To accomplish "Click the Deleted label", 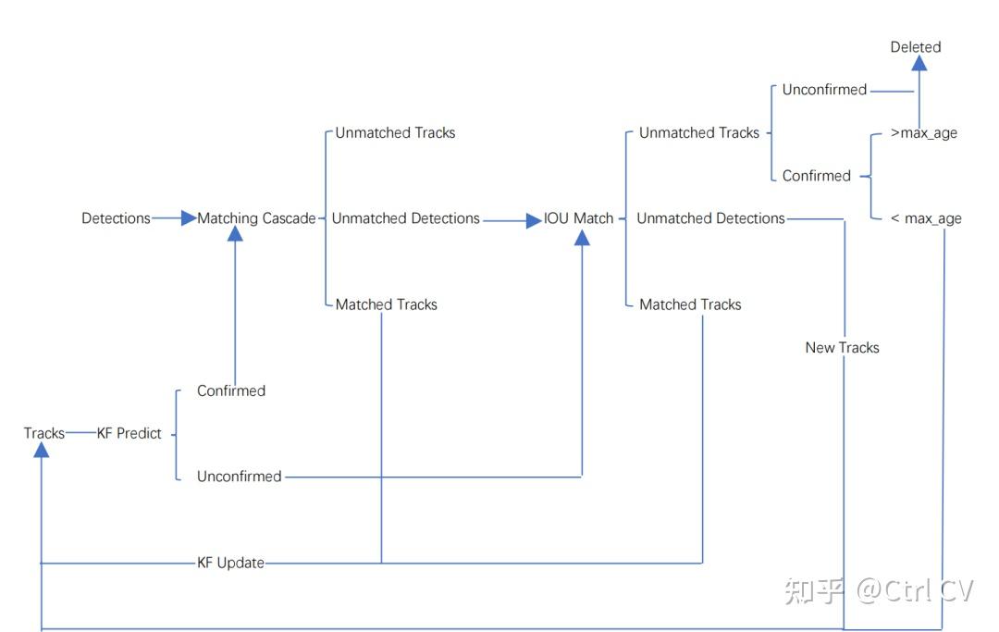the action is [916, 47].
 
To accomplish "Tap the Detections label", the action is [116, 218].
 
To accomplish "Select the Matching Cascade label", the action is [256, 218].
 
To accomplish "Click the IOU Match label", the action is [578, 218].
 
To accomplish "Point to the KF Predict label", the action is [129, 433].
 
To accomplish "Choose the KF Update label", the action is [230, 563].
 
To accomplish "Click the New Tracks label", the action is [843, 347].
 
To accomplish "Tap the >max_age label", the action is [924, 133].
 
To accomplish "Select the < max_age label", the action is [926, 218].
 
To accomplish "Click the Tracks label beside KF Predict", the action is [44, 433].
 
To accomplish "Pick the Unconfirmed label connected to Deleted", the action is [824, 90].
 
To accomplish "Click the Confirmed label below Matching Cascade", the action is [231, 390].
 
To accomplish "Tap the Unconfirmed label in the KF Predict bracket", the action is [239, 476].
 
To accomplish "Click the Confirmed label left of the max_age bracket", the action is [816, 176].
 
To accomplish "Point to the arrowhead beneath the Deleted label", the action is [919, 62].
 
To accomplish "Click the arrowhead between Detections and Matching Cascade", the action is [189, 218].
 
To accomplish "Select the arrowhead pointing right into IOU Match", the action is [534, 221].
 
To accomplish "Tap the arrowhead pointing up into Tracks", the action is [42, 450].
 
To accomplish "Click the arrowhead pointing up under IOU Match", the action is [583, 238].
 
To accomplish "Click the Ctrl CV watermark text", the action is [915, 591].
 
